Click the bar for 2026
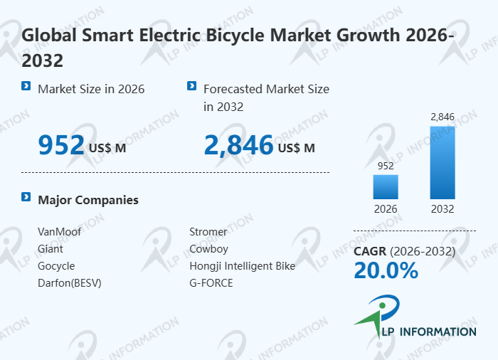pyautogui.click(x=386, y=186)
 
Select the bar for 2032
pyautogui.click(x=442, y=163)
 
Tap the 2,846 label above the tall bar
pyautogui.click(x=442, y=116)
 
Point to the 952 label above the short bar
pyautogui.click(x=386, y=165)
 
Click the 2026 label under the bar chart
pyautogui.click(x=386, y=209)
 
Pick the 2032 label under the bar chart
pyautogui.click(x=442, y=209)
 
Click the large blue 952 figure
pyautogui.click(x=61, y=145)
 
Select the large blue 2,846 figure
pyautogui.click(x=238, y=145)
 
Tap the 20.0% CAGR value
pyautogui.click(x=386, y=270)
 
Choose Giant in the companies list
pyautogui.click(x=51, y=249)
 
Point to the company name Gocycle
pyautogui.click(x=56, y=266)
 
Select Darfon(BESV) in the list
pyautogui.click(x=70, y=283)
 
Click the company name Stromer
pyautogui.click(x=208, y=232)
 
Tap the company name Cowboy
pyautogui.click(x=208, y=249)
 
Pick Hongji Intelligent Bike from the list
pyautogui.click(x=242, y=266)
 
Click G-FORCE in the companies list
pyautogui.click(x=211, y=283)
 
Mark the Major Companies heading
pyautogui.click(x=88, y=200)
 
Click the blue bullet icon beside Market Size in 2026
pyautogui.click(x=26, y=86)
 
